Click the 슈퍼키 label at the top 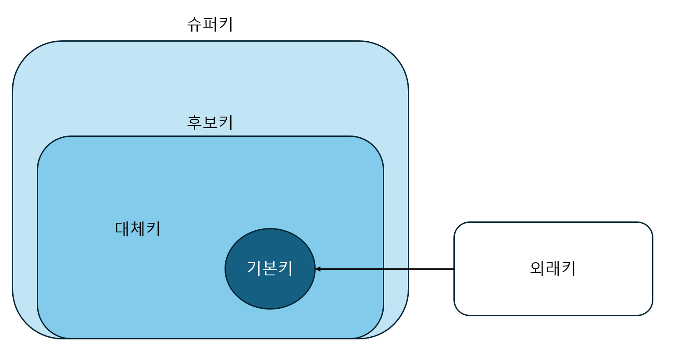pos(210,24)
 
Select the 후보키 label pos(210,122)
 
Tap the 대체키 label pos(138,228)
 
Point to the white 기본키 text pos(270,268)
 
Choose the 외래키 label pos(553,268)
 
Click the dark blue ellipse pos(270,268)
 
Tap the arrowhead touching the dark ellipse pos(318,269)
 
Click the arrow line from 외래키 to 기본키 pos(385,269)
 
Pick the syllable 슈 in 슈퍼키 pos(195,25)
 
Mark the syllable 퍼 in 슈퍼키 pos(210,24)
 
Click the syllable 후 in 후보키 pos(195,123)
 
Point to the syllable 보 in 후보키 pos(210,123)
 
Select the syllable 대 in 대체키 pos(122,228)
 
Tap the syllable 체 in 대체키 pos(138,228)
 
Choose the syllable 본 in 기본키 pos(270,268)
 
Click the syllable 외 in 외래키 pos(537,268)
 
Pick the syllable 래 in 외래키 pos(553,268)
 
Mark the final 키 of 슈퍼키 pos(226,24)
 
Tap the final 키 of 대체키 pos(153,228)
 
